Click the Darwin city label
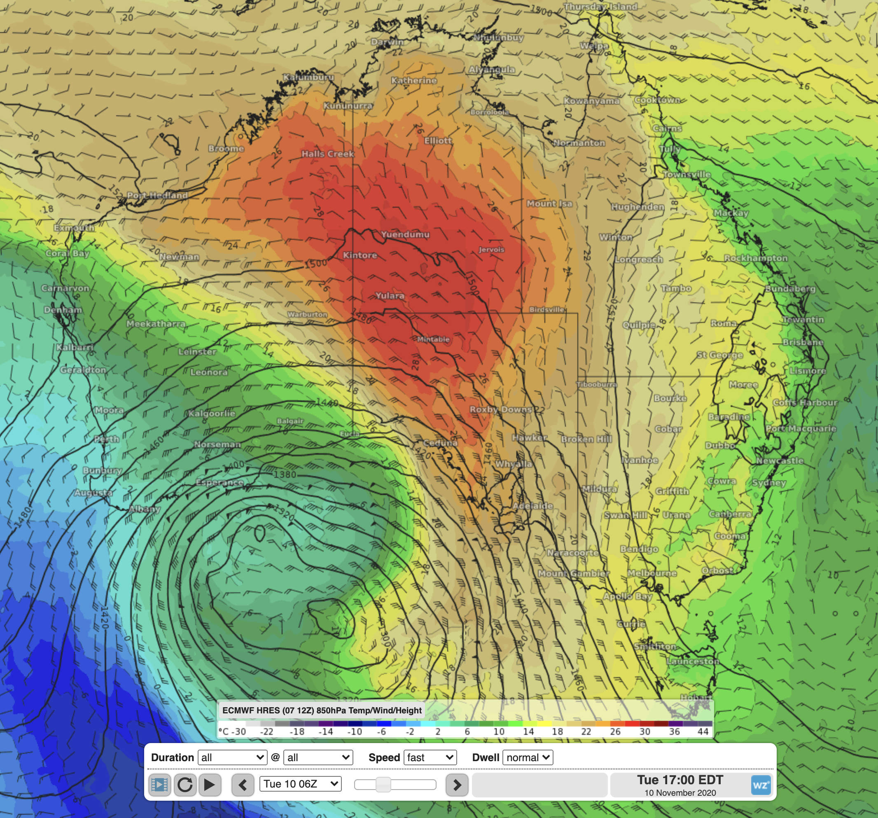tap(387, 42)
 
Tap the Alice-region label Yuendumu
tap(405, 234)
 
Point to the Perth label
tap(106, 439)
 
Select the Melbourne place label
tap(652, 573)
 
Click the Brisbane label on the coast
tap(803, 342)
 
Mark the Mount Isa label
tap(549, 203)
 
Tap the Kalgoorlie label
tap(212, 414)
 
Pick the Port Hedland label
tap(157, 195)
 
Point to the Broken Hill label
tap(586, 439)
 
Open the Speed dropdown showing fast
tap(430, 757)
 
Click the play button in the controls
tap(209, 785)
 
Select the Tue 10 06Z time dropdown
tap(300, 784)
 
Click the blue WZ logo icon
tap(761, 785)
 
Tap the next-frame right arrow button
tap(457, 785)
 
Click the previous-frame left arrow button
tap(243, 785)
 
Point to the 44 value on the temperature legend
tap(703, 732)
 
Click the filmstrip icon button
tap(159, 785)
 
